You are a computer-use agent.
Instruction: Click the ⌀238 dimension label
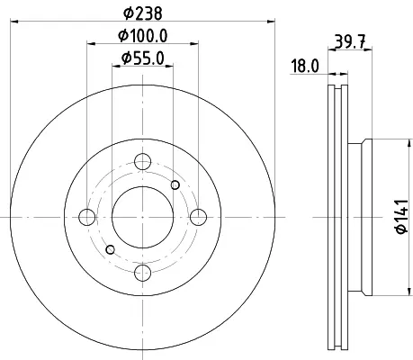(x=143, y=13)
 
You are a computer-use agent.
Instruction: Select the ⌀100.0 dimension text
(x=143, y=36)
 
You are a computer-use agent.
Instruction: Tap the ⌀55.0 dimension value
(x=143, y=58)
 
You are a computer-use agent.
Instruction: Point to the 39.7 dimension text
(x=350, y=41)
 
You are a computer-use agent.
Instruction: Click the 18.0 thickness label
(x=305, y=66)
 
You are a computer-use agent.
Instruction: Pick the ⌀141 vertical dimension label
(x=402, y=216)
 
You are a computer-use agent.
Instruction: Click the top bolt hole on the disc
(x=142, y=162)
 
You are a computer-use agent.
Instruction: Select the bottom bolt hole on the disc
(x=142, y=273)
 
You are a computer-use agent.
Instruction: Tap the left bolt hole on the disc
(x=87, y=217)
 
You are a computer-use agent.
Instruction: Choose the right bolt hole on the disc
(x=199, y=217)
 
